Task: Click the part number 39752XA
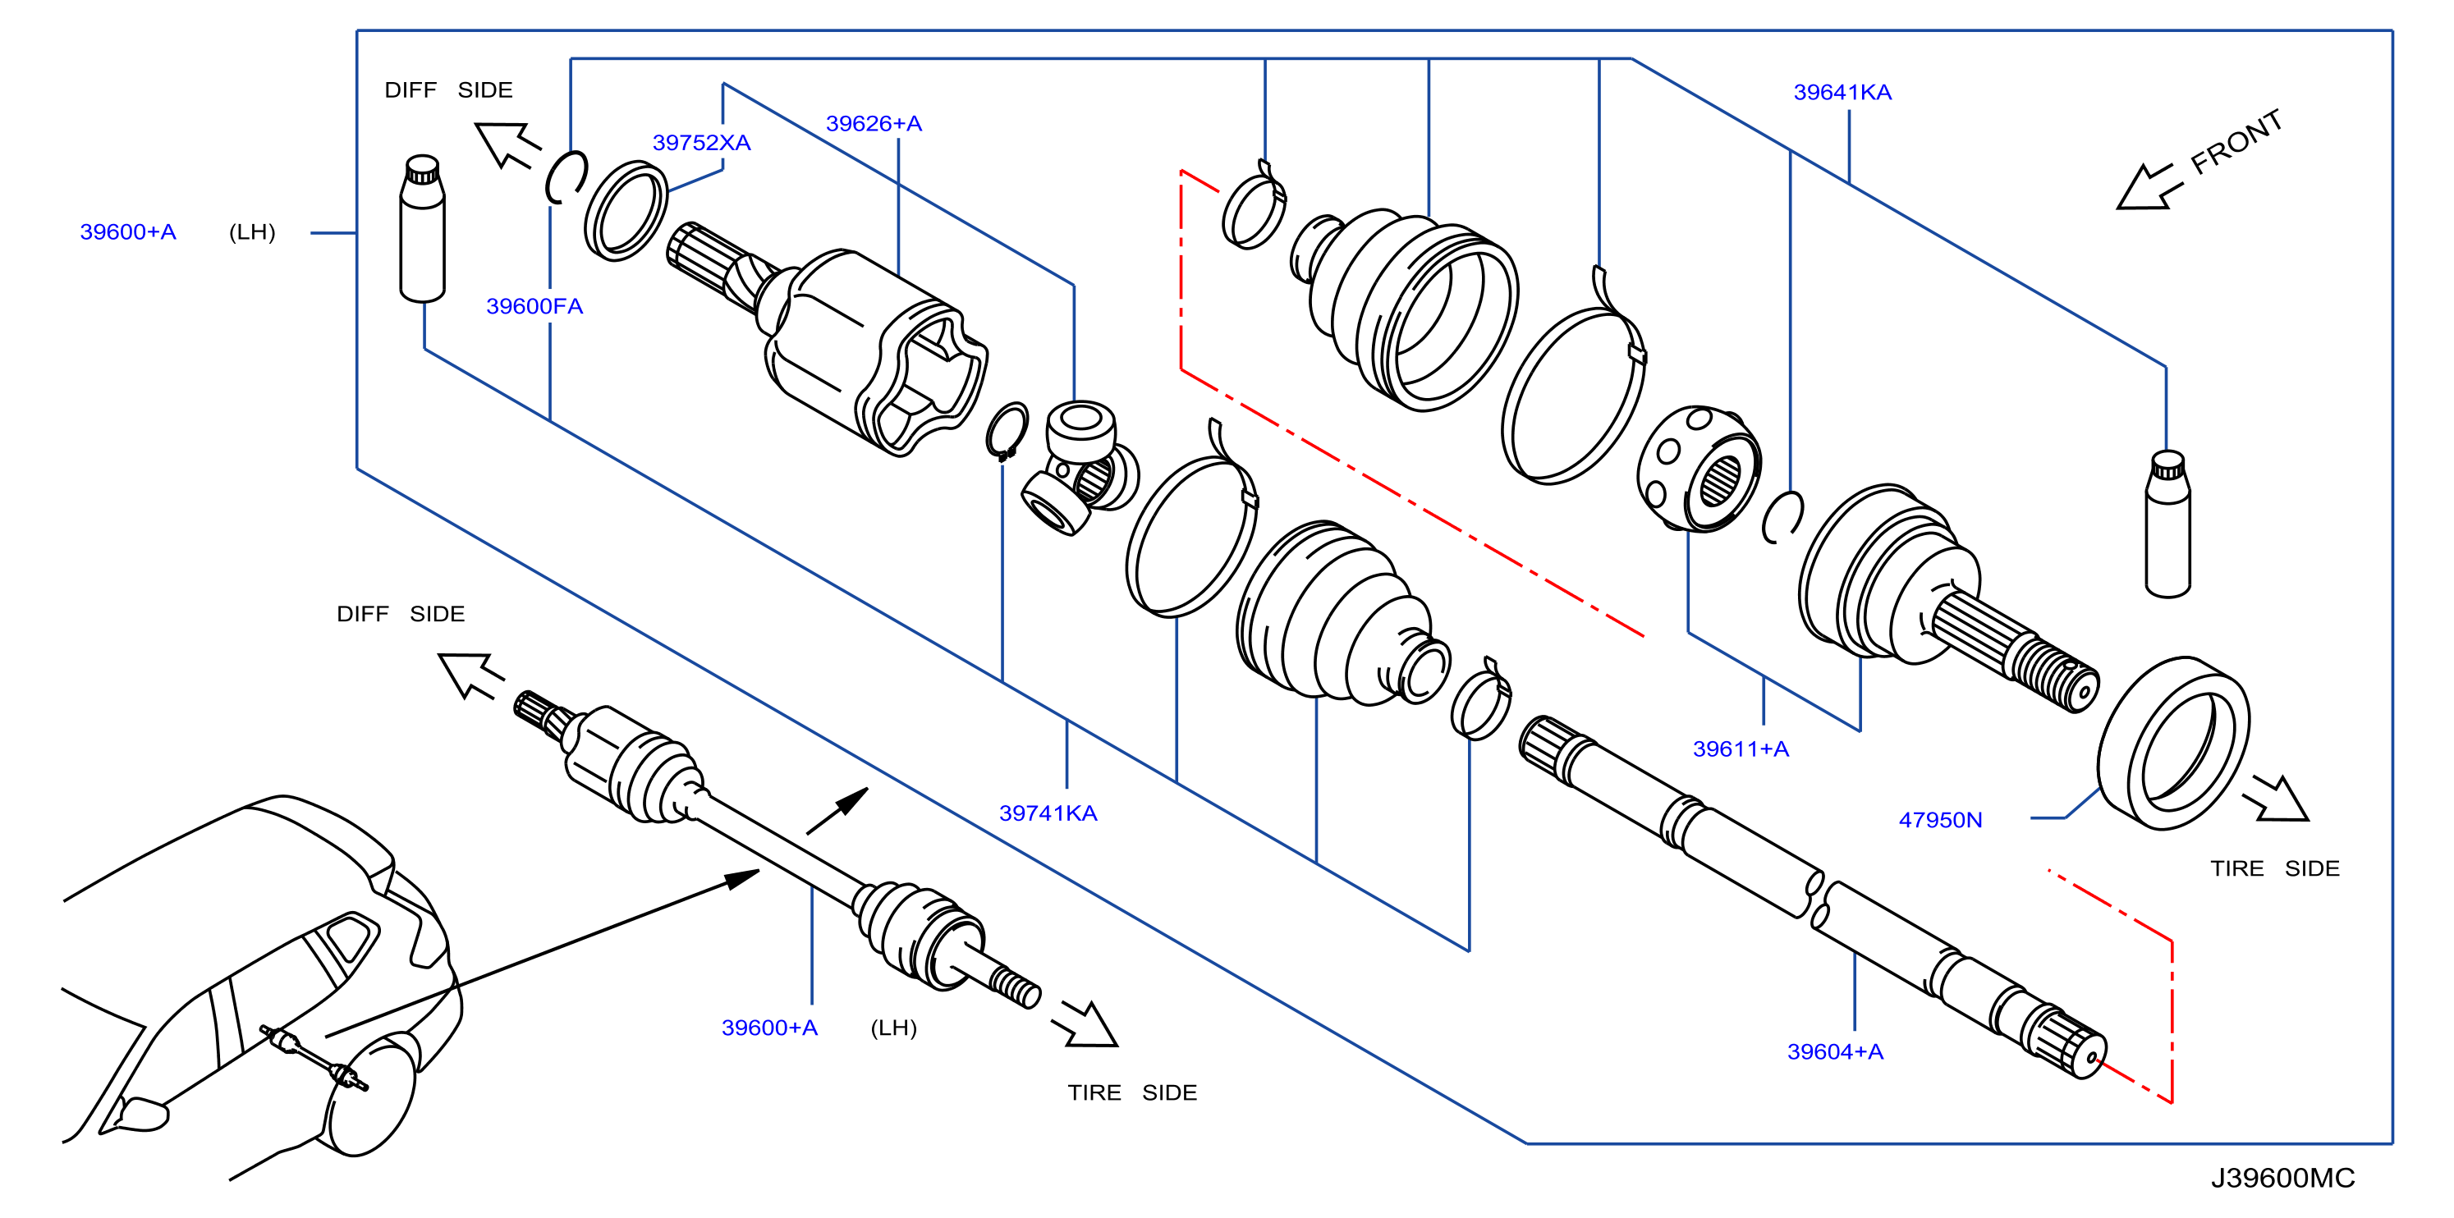pyautogui.click(x=701, y=143)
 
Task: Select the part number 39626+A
pyautogui.click(x=874, y=124)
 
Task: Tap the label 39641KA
pyautogui.click(x=1842, y=93)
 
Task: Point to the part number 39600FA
pyautogui.click(x=534, y=307)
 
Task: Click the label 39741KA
pyautogui.click(x=1048, y=813)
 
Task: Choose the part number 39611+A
pyautogui.click(x=1741, y=749)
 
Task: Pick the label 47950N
pyautogui.click(x=1941, y=820)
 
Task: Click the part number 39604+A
pyautogui.click(x=1835, y=1052)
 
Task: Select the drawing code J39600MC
pyautogui.click(x=2282, y=1179)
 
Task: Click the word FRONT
pyautogui.click(x=2236, y=143)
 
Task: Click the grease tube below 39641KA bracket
pyautogui.click(x=2167, y=524)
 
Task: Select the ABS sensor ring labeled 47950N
pyautogui.click(x=2174, y=743)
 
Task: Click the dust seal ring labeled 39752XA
pyautogui.click(x=625, y=212)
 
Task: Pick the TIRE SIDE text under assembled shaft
pyautogui.click(x=1131, y=1093)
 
